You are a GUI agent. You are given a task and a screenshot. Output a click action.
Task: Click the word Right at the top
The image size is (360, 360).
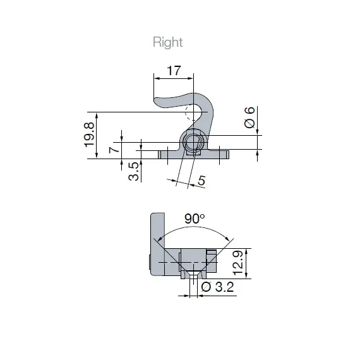pos(167,42)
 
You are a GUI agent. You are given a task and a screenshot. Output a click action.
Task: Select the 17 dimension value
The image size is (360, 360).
pos(173,71)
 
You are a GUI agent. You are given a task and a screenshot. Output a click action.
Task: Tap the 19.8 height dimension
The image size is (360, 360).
pos(89,135)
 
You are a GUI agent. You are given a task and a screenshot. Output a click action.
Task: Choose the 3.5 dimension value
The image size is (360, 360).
pos(134,172)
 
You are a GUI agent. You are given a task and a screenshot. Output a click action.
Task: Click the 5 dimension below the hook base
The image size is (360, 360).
pos(201,181)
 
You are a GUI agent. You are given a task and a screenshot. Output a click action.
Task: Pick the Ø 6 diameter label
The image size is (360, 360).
pos(250,119)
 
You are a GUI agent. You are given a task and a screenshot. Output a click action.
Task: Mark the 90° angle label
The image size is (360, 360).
pos(195,219)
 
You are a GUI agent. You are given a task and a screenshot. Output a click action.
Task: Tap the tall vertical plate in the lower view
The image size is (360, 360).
pos(157,243)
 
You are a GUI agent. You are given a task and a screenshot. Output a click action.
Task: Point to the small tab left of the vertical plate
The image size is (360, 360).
pos(148,261)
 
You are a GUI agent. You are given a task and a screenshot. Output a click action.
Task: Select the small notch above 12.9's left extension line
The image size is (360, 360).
pos(212,253)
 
